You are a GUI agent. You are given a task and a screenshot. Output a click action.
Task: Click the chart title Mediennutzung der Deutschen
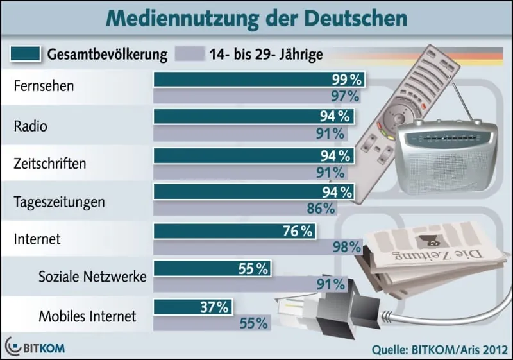coord(256,18)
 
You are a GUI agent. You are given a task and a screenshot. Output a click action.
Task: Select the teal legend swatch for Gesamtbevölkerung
coord(25,54)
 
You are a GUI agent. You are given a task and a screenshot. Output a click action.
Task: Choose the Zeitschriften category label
coord(49,163)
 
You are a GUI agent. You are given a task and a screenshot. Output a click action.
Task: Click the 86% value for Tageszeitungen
coord(321,208)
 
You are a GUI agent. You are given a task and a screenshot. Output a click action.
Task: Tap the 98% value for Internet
coord(347,247)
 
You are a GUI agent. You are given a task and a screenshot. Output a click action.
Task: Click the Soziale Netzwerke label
coord(92,277)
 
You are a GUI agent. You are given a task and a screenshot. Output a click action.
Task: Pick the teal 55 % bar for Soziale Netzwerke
coord(212,270)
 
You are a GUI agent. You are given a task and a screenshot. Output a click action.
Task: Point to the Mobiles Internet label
coord(88,316)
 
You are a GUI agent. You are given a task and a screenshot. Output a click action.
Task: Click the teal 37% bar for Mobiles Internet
coord(192,307)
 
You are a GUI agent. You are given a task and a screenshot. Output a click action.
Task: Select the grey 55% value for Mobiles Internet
coord(253,323)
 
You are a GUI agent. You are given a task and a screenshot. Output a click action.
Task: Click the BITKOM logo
coord(35,347)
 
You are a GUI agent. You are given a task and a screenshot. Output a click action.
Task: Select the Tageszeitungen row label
coord(58,201)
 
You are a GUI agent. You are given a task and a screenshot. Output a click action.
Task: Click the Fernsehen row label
coord(44,86)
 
